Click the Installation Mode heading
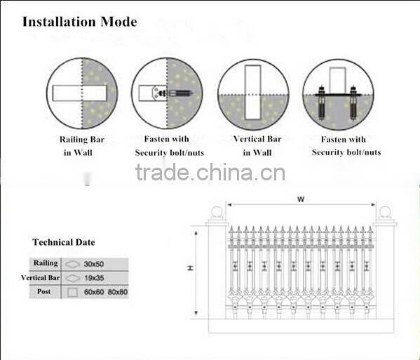click(80, 21)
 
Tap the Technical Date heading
click(63, 242)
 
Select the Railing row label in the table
click(46, 263)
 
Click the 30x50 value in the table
click(94, 264)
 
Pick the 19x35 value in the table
click(94, 277)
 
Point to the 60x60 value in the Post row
click(93, 291)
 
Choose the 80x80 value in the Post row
click(116, 291)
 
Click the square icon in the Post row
click(72, 291)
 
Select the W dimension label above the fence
click(301, 199)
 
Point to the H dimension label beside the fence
click(190, 268)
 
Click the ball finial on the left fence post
click(217, 212)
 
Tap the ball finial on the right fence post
click(384, 212)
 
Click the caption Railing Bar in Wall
click(83, 145)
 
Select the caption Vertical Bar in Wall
click(257, 145)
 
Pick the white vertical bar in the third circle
click(253, 93)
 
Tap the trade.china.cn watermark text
click(210, 172)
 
